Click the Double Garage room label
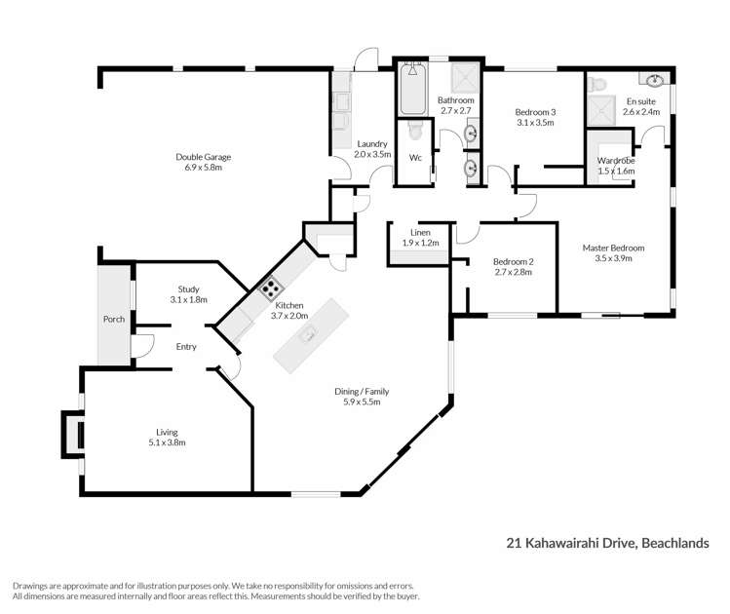coord(204,157)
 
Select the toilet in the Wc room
coord(414,131)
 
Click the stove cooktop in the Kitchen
coord(270,288)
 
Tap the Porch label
coord(114,319)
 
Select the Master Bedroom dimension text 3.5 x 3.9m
coord(613,258)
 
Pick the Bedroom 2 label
coord(512,261)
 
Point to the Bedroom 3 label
coord(535,112)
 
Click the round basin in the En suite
coord(652,80)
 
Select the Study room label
coord(188,288)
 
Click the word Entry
coord(186,346)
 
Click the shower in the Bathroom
coord(465,78)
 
